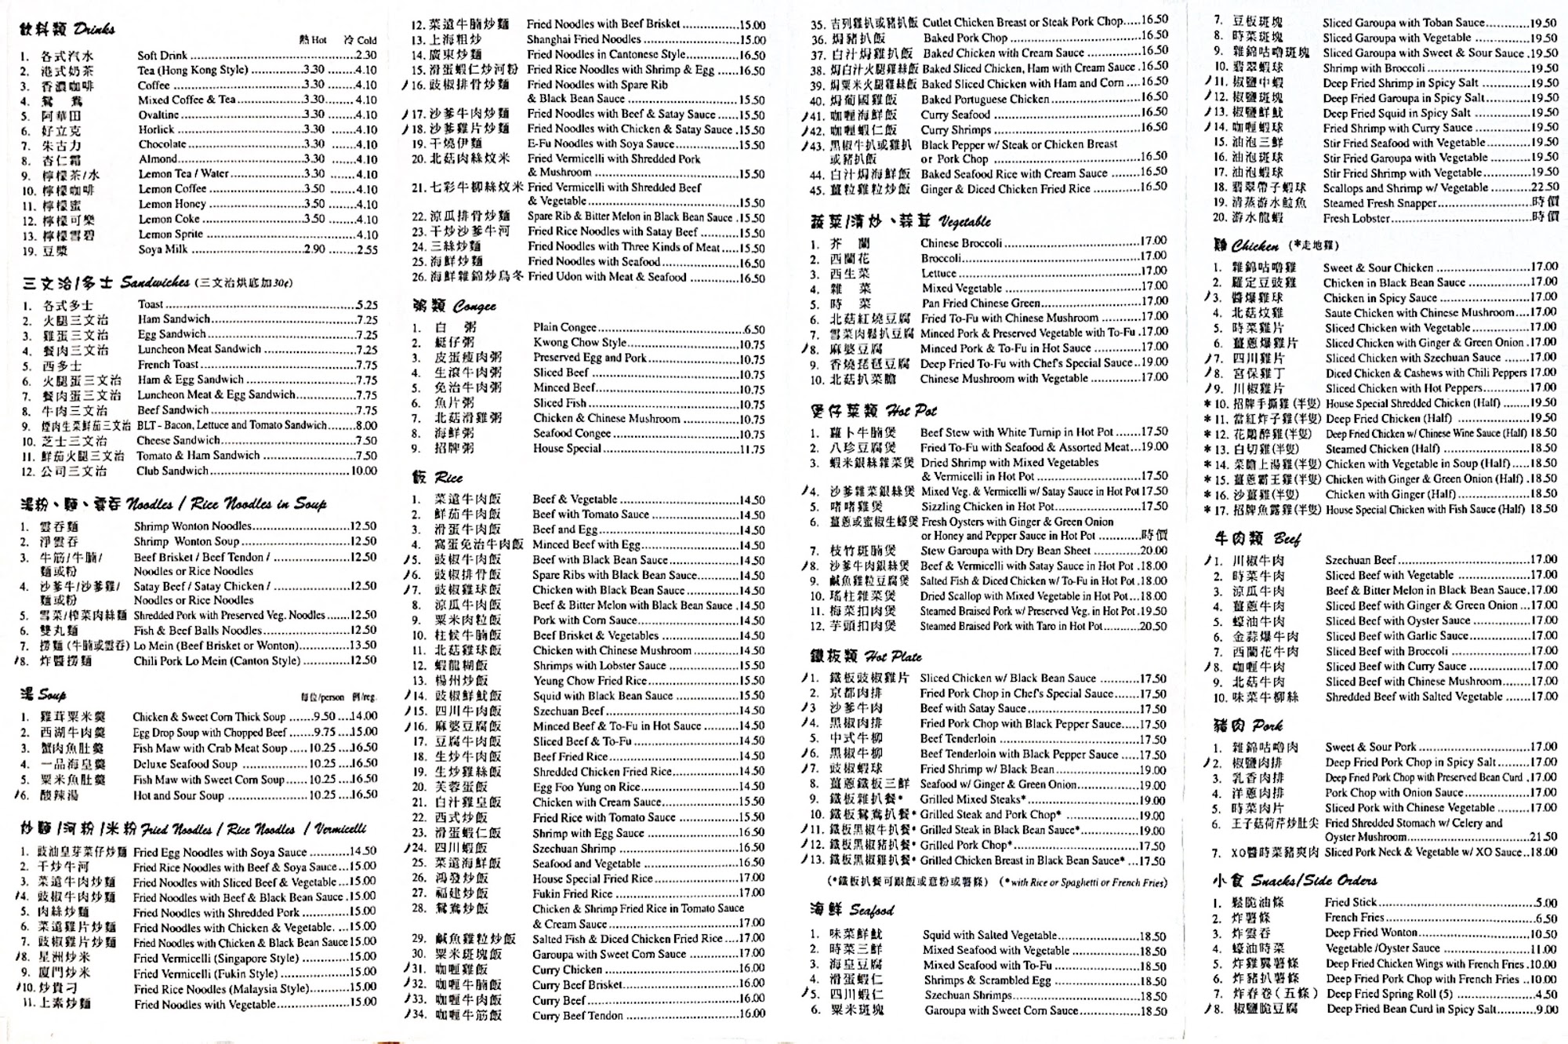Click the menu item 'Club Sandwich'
coord(172,471)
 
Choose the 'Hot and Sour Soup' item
coord(178,795)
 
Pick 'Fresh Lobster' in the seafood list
coord(1356,218)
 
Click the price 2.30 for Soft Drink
coord(365,56)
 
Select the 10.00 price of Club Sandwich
coord(364,471)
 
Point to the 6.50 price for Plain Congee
coord(753,329)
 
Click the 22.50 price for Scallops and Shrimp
coord(1544,187)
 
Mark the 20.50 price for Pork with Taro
coord(1153,626)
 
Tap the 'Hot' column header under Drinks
coord(313,40)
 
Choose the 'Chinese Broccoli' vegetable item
coord(960,243)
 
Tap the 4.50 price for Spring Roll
coord(1546,994)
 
